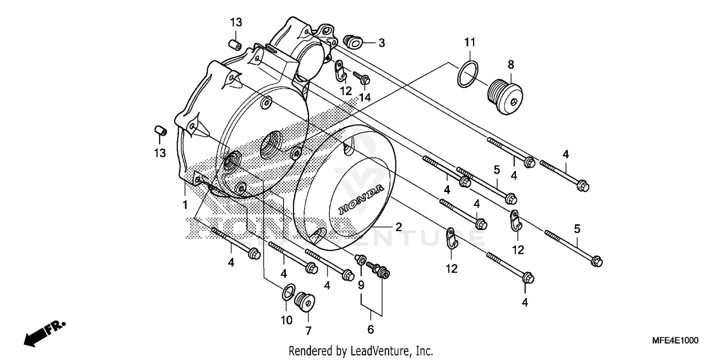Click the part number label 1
185,205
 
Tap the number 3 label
381,43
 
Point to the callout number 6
371,330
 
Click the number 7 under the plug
308,331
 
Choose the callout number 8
511,64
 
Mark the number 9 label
361,285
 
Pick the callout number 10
286,320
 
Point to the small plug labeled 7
304,301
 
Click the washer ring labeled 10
288,291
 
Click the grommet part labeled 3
354,42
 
